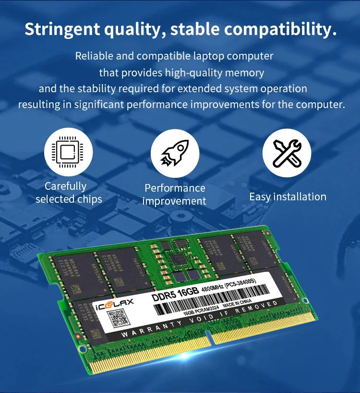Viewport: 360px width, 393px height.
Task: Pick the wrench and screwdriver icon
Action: (x=287, y=153)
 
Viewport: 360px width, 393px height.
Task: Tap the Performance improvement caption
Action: (x=175, y=195)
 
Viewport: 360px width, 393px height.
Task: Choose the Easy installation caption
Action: (x=288, y=196)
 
